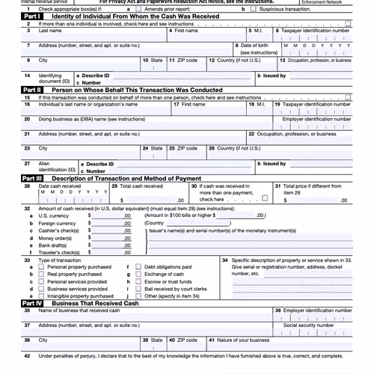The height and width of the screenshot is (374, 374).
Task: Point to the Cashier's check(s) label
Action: click(x=61, y=230)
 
